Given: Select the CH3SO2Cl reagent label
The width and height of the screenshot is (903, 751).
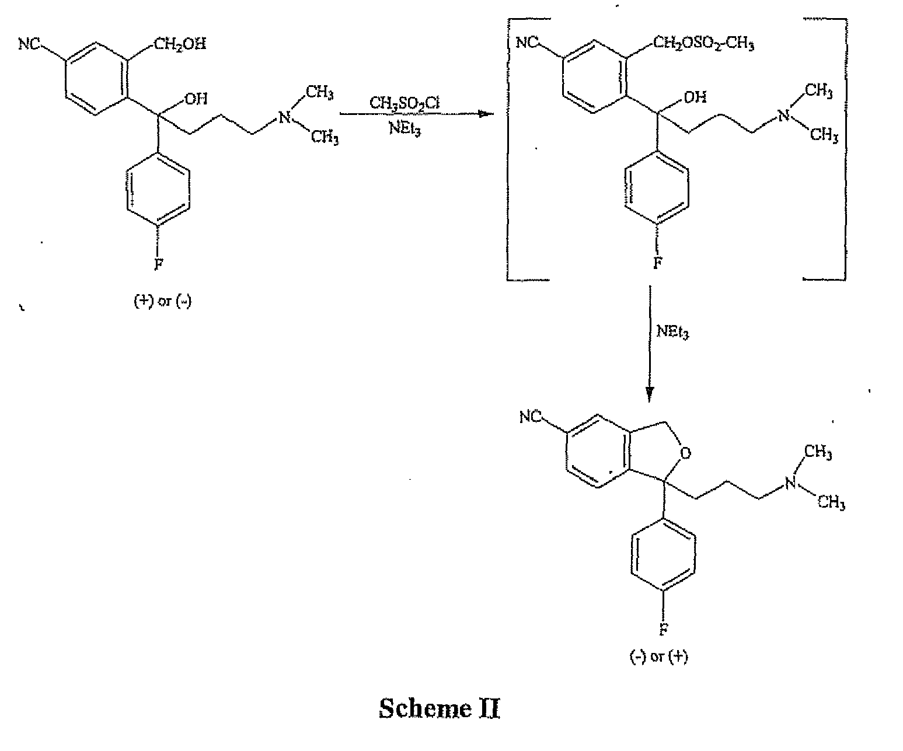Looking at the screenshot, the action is click(x=405, y=103).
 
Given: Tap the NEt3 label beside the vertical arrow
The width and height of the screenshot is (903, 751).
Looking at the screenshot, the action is click(x=672, y=331).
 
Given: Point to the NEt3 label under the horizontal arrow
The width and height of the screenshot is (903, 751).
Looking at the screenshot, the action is click(x=405, y=128).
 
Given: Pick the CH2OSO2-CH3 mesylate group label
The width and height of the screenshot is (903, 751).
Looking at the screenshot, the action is click(x=703, y=43).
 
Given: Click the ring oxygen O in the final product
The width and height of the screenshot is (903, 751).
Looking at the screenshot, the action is click(x=685, y=453).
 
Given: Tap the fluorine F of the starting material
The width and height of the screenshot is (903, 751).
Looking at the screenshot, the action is click(x=159, y=263).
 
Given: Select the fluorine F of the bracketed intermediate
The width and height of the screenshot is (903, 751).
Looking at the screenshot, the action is click(x=657, y=263).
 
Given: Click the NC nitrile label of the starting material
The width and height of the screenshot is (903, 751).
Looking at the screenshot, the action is click(x=29, y=44).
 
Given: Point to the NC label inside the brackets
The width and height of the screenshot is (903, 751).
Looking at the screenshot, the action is click(x=527, y=43).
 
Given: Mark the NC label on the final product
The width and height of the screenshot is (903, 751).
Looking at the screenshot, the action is click(x=531, y=417).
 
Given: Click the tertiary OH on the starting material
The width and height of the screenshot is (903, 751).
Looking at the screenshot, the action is click(x=196, y=99).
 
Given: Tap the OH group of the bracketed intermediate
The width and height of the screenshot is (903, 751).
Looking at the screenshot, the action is click(x=695, y=97).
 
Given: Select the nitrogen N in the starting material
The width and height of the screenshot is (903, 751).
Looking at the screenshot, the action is click(x=284, y=117).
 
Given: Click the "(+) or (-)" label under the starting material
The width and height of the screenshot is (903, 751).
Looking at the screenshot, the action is click(x=163, y=301).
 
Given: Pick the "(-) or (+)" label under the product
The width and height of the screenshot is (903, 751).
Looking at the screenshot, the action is click(x=658, y=656).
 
